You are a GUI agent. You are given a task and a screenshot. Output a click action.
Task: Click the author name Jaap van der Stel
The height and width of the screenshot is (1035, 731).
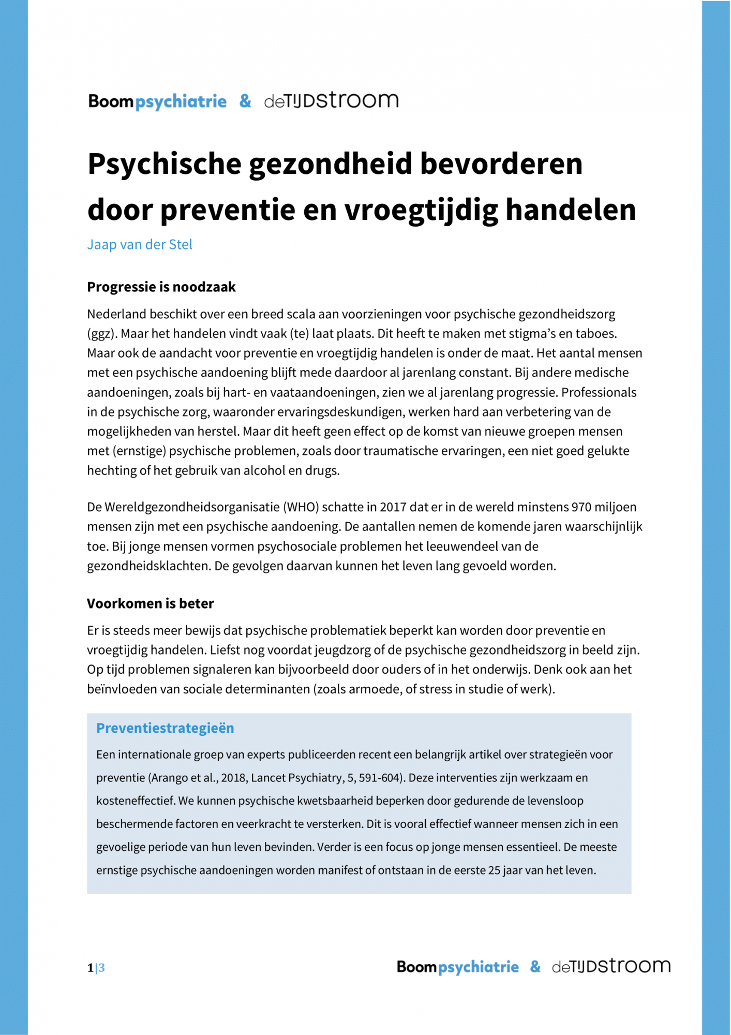(x=140, y=244)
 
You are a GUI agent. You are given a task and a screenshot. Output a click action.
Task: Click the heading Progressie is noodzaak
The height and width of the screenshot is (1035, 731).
(x=161, y=287)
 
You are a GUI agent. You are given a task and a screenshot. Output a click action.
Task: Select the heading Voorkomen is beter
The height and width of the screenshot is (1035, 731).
(x=150, y=603)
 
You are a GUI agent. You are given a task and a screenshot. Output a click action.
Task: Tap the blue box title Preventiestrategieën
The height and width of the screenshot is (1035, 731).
(x=165, y=728)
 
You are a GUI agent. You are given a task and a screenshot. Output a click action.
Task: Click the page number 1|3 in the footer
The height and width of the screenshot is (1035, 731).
(x=96, y=968)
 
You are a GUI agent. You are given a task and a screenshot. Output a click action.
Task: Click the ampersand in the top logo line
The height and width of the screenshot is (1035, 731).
(x=245, y=100)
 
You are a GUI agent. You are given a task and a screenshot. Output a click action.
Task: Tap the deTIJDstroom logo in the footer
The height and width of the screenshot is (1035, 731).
(x=611, y=966)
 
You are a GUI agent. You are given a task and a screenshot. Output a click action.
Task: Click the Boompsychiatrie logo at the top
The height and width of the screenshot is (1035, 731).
(x=157, y=101)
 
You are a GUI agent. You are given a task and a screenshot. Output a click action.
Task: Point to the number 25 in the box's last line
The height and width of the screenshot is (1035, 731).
(x=494, y=870)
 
